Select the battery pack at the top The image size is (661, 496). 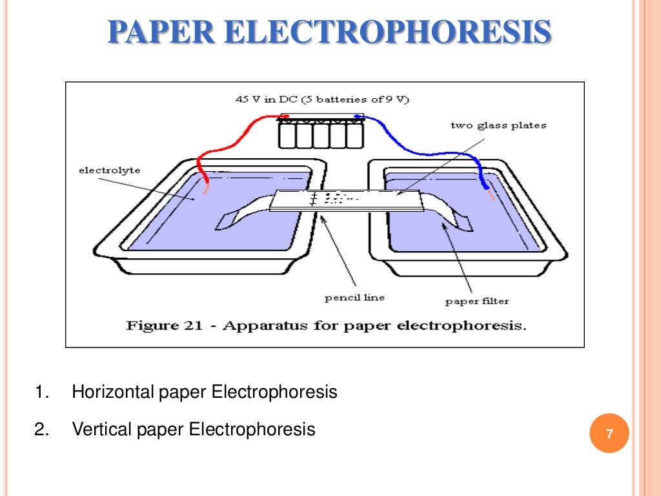pyautogui.click(x=321, y=132)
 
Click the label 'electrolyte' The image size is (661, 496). pyautogui.click(x=109, y=170)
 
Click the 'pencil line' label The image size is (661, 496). pyautogui.click(x=354, y=298)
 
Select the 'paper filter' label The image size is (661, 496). pyautogui.click(x=477, y=302)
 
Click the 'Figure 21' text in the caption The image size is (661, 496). pyautogui.click(x=169, y=325)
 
